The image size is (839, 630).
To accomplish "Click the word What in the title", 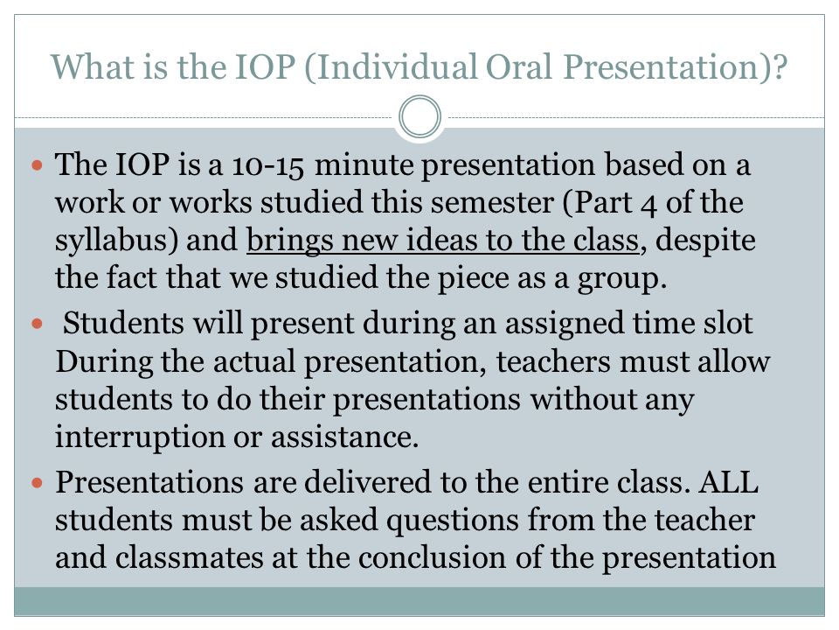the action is pos(93,67).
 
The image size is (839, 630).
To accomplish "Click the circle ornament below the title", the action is pos(420,116).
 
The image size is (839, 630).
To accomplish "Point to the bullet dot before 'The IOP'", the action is pos(37,164).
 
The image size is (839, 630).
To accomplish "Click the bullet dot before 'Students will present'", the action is pos(37,324).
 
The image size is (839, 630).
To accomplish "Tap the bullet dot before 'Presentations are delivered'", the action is pos(37,483).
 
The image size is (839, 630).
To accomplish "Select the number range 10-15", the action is pos(268,165).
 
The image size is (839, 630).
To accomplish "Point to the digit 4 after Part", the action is pos(648,205).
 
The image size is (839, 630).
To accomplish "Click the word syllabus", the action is pos(112,241).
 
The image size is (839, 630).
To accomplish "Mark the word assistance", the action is pos(344,437).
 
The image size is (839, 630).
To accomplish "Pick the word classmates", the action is pos(190,557).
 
